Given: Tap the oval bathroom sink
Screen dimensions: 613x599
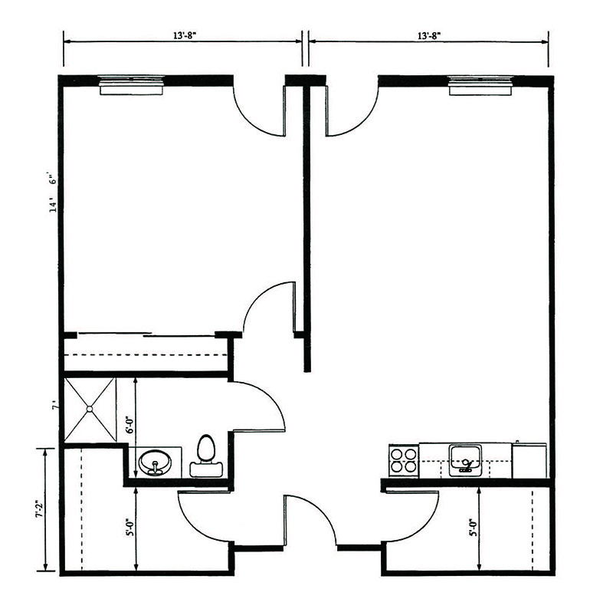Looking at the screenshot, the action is [x=155, y=462].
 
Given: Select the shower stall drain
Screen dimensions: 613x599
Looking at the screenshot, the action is [x=90, y=409].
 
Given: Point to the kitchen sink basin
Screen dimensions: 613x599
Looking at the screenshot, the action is [x=465, y=460].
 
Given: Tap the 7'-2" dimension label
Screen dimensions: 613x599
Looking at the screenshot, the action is [x=38, y=509].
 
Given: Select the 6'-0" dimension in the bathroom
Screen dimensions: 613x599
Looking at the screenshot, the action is [x=130, y=426].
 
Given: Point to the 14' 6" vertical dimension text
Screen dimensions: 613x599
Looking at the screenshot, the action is [x=54, y=191].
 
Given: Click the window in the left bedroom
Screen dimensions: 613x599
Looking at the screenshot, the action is [x=131, y=85].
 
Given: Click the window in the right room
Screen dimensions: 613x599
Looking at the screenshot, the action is [x=480, y=85].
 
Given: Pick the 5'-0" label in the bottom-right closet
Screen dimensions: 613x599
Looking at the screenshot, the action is [x=474, y=527].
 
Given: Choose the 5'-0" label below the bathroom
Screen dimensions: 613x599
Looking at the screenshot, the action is [x=130, y=527].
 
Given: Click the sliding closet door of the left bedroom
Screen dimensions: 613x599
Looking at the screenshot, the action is [x=146, y=334].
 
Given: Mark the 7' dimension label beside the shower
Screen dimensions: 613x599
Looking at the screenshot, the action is [x=55, y=407].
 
